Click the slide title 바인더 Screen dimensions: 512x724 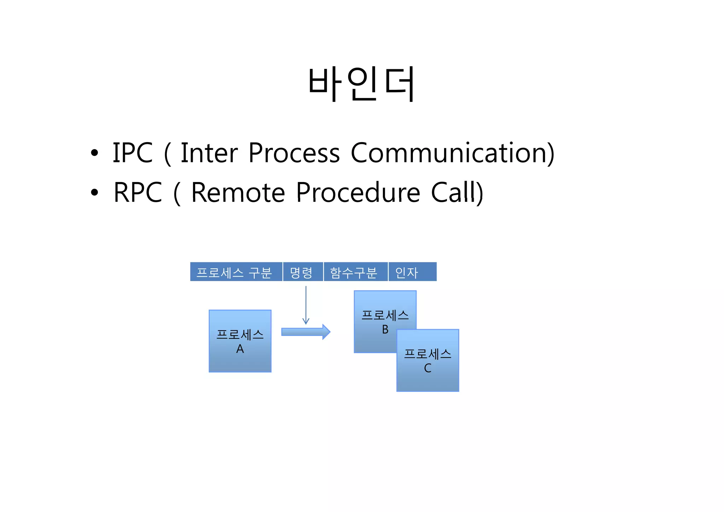coord(361,84)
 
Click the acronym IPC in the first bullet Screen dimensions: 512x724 coord(133,153)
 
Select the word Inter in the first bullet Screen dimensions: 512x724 coord(209,153)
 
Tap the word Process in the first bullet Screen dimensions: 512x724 coord(294,153)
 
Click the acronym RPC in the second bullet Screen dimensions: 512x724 coord(138,193)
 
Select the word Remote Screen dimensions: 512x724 coord(238,193)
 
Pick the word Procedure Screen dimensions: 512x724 coord(358,193)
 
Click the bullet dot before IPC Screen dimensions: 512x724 coord(94,153)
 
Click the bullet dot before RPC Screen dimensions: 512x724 coord(94,193)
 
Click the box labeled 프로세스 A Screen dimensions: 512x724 coord(240,341)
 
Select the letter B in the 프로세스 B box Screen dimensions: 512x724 coord(385,330)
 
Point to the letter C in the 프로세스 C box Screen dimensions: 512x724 coord(427,368)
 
